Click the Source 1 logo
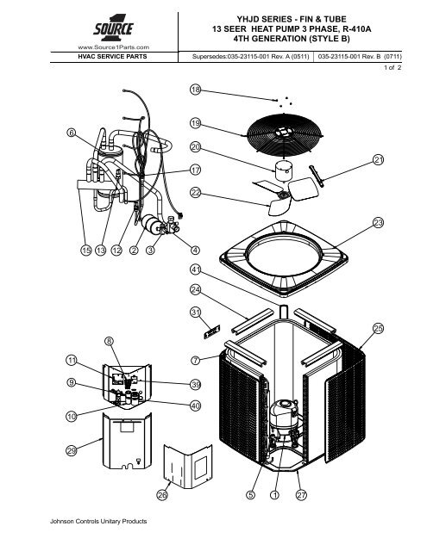click(113, 28)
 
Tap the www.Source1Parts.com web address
click(113, 47)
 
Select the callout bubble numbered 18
click(195, 90)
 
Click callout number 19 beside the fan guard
click(195, 123)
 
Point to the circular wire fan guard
click(285, 136)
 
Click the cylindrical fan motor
click(283, 170)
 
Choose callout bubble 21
click(378, 160)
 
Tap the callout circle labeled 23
click(378, 222)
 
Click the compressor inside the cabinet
click(286, 420)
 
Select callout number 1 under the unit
click(274, 495)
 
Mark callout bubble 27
click(301, 495)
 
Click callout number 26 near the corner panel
click(162, 495)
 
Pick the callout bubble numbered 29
click(72, 450)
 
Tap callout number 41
click(195, 269)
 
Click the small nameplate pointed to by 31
click(212, 331)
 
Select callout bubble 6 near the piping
click(72, 133)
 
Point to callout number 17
click(195, 170)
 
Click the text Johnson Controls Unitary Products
click(98, 521)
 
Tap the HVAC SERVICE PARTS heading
click(112, 57)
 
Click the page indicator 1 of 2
click(392, 67)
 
